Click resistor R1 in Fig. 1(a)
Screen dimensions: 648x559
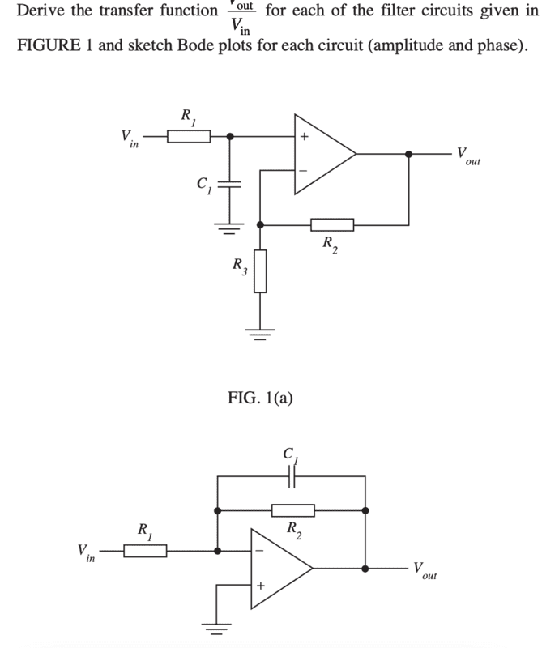189,137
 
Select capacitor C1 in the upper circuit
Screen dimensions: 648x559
230,183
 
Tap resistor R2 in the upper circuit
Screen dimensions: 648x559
332,224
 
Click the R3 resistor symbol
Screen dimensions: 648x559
260,271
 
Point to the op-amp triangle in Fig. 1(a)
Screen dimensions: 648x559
320,153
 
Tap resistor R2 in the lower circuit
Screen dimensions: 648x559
292,510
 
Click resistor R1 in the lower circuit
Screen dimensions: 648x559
145,551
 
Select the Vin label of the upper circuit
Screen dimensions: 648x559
129,138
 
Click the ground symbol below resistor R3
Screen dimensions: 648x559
260,331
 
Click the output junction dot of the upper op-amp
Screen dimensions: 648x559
408,153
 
